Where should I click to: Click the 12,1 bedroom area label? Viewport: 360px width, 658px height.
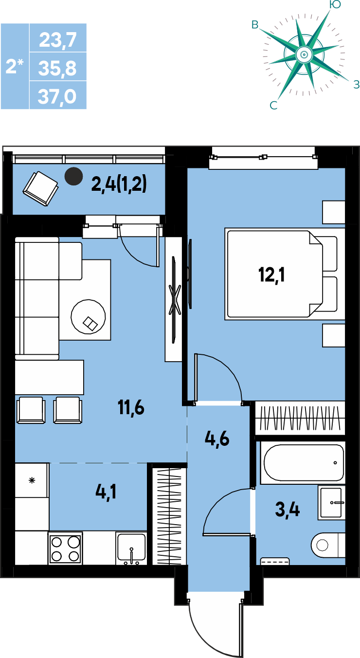click(271, 275)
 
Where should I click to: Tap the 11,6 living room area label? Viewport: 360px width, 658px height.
click(131, 408)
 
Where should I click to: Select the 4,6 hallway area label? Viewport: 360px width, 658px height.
click(217, 439)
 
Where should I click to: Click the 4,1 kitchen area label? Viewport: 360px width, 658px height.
click(106, 492)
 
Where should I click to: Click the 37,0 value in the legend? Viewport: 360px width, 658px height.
click(57, 96)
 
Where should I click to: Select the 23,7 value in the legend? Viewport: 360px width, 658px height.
click(58, 39)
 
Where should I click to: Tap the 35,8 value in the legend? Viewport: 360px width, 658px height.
click(57, 68)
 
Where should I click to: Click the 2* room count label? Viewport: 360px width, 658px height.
click(15, 66)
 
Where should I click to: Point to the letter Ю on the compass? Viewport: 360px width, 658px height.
click(335, 4)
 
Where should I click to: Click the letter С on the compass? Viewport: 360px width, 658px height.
click(273, 105)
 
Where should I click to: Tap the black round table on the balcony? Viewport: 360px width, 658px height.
click(73, 176)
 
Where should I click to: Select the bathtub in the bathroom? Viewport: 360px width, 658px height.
click(304, 462)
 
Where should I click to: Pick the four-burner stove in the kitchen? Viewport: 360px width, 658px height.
click(65, 548)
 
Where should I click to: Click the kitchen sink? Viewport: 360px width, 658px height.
click(131, 548)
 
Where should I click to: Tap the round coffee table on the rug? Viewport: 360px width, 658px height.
click(88, 317)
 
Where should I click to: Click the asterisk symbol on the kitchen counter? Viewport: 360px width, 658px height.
click(32, 480)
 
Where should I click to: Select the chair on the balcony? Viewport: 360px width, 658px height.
click(40, 188)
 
